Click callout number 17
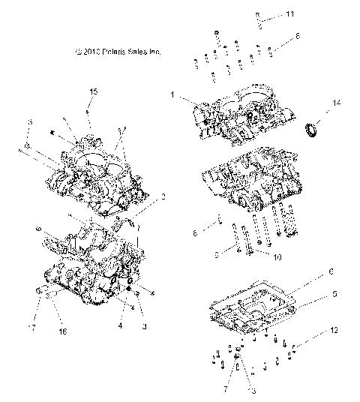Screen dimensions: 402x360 (x=32, y=327)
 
